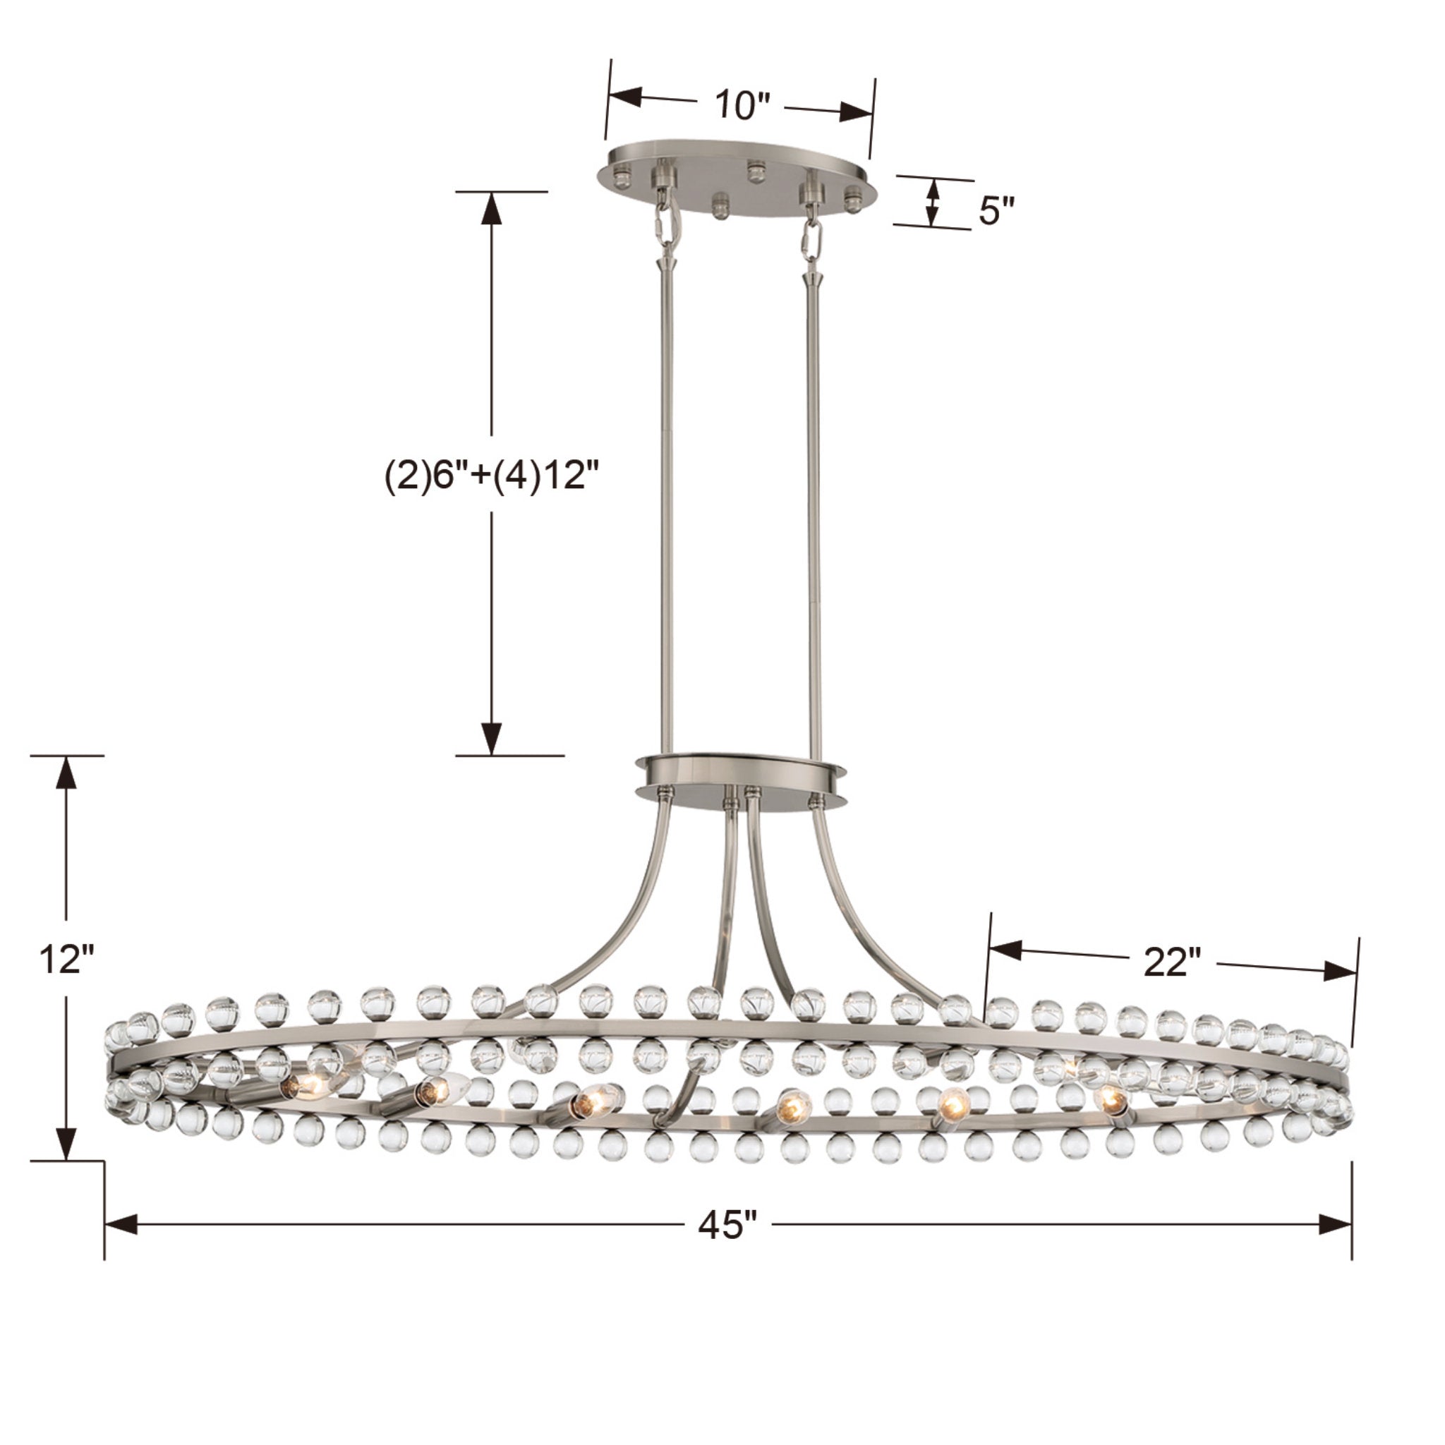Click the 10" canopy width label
(743, 105)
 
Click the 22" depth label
(1171, 962)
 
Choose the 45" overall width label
(727, 1225)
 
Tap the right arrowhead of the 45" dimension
(1334, 1224)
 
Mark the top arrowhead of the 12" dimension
(67, 774)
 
